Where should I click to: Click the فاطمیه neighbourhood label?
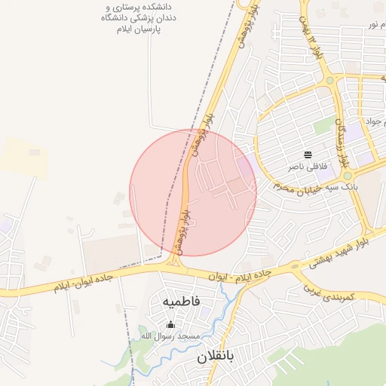pyautogui.click(x=182, y=301)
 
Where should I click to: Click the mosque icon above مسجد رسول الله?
pyautogui.click(x=170, y=325)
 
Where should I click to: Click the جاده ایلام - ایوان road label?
pyautogui.click(x=240, y=274)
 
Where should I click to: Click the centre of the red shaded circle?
pyautogui.click(x=193, y=192)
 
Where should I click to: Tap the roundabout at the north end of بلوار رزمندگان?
pyautogui.click(x=329, y=79)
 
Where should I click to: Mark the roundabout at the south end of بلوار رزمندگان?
pyautogui.click(x=348, y=175)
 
